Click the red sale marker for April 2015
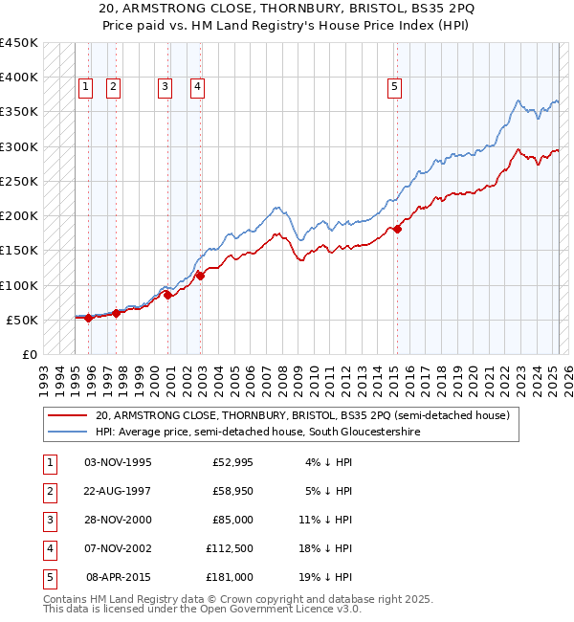tap(397, 229)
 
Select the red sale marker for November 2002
tap(201, 276)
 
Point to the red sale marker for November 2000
tap(168, 295)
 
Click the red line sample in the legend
tap(67, 416)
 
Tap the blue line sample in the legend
tap(67, 432)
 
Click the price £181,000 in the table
tap(230, 577)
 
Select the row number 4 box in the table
tap(49, 548)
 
